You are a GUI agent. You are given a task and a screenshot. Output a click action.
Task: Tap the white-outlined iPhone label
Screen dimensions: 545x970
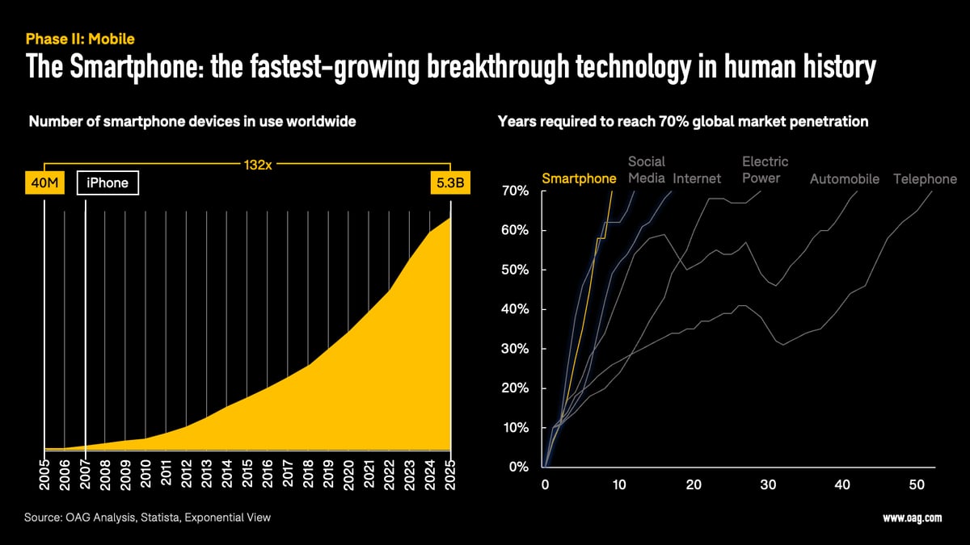pos(108,183)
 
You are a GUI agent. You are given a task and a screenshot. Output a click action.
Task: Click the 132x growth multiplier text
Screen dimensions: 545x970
pos(257,166)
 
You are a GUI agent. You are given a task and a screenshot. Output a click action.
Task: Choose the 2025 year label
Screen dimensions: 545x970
pos(450,476)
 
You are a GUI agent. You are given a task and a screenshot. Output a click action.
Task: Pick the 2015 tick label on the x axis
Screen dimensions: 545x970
pos(247,476)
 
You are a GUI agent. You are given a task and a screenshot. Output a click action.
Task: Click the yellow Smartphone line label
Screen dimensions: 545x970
pos(579,178)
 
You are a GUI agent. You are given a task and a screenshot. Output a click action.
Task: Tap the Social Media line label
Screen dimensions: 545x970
pos(647,170)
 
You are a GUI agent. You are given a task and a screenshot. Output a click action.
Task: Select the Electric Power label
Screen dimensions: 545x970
pos(765,170)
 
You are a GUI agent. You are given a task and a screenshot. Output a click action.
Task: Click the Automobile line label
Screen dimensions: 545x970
pos(844,179)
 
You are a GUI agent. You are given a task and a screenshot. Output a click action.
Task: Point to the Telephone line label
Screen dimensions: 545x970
pos(925,179)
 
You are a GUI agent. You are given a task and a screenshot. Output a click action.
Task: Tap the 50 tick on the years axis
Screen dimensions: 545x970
pos(917,484)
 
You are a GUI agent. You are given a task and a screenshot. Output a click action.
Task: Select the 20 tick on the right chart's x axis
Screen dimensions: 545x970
pos(694,484)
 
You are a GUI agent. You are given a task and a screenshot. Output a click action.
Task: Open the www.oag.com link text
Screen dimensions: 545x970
pos(912,518)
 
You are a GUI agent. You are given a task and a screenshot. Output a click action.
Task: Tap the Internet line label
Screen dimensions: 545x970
pos(697,179)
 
